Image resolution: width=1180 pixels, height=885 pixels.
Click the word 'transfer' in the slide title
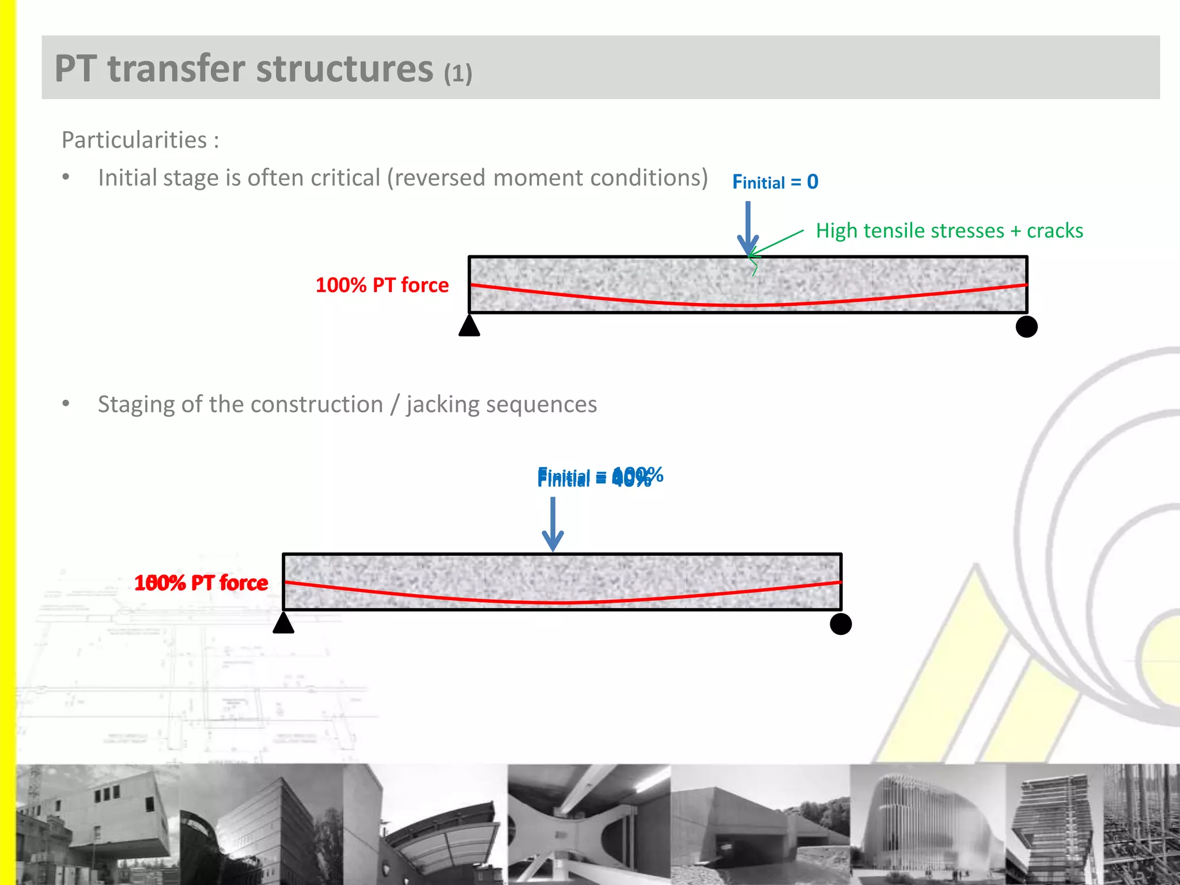pyautogui.click(x=180, y=69)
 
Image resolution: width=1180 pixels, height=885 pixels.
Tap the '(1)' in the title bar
pyautogui.click(x=458, y=74)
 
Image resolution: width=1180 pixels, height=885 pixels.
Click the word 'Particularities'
pyautogui.click(x=134, y=140)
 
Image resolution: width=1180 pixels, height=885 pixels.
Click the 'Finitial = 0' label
pyautogui.click(x=775, y=182)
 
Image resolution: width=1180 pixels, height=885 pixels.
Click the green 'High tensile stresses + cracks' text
pyautogui.click(x=949, y=230)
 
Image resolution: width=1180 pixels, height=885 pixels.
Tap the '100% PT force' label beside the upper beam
pyautogui.click(x=382, y=285)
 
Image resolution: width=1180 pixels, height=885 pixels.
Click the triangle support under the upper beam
pyautogui.click(x=469, y=326)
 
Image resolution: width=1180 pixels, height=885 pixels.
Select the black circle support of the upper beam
pyautogui.click(x=1026, y=327)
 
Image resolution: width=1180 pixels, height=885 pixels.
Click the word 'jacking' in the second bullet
pyautogui.click(x=442, y=404)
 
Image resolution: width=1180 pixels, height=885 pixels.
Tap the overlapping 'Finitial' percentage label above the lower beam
pyautogui.click(x=600, y=477)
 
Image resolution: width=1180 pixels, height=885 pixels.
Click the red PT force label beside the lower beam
pyautogui.click(x=201, y=583)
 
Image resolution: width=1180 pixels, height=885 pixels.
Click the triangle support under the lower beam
pyautogui.click(x=283, y=623)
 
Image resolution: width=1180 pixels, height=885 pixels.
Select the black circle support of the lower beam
pyautogui.click(x=841, y=624)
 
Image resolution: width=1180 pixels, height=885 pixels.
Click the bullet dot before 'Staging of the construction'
pyautogui.click(x=66, y=404)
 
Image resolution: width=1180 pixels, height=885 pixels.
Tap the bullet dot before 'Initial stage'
pyautogui.click(x=66, y=177)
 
